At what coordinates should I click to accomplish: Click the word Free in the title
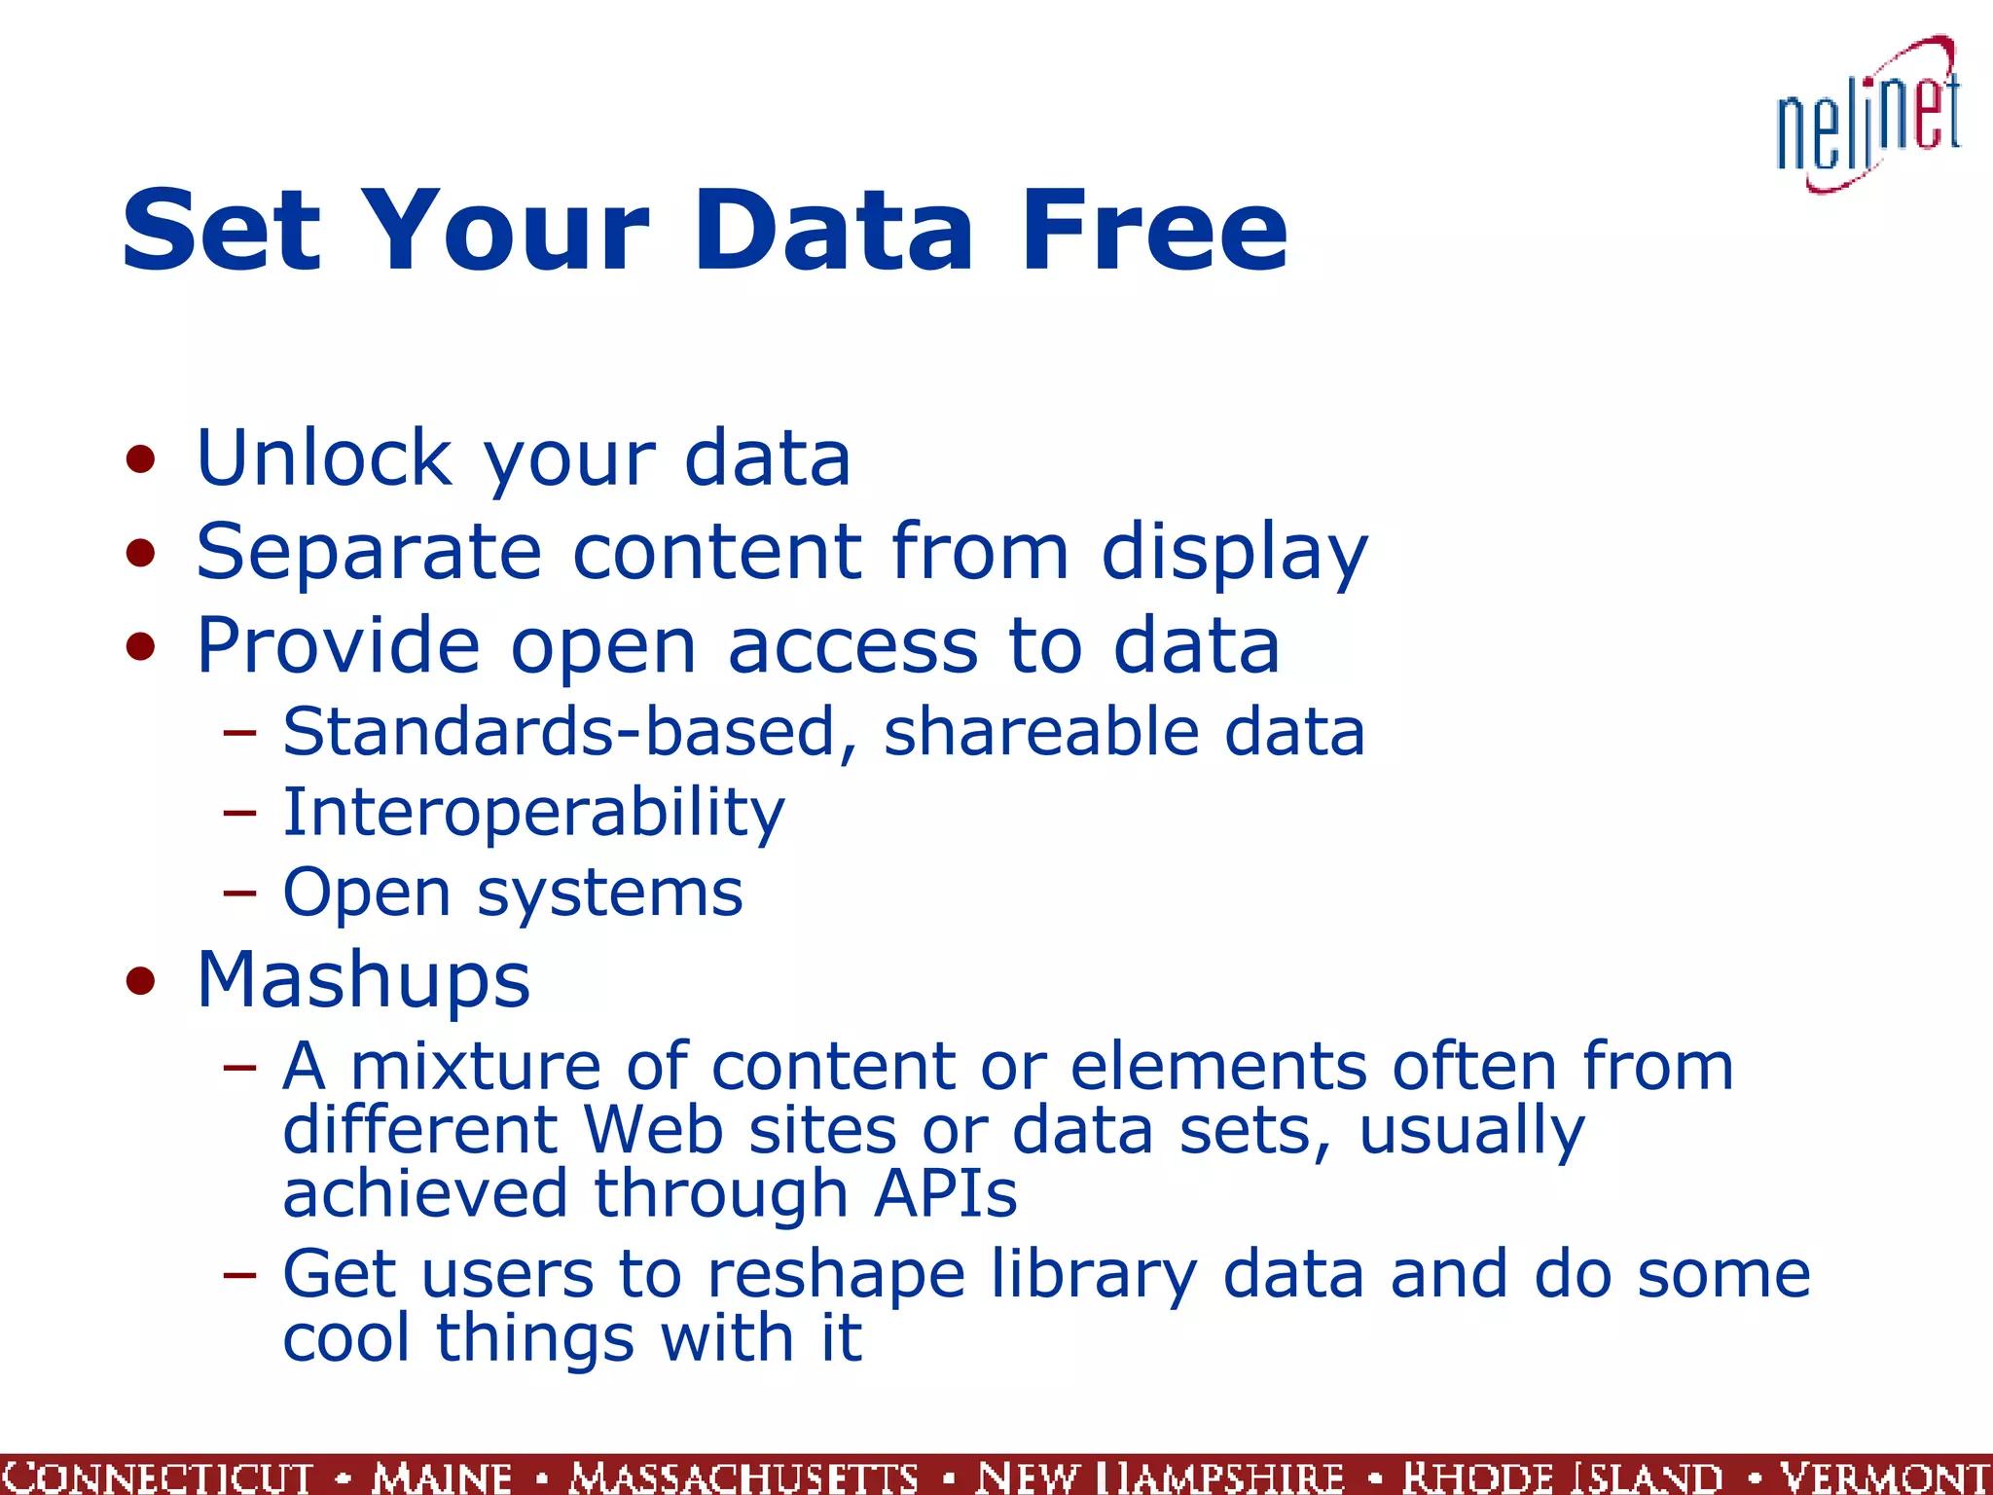[1154, 232]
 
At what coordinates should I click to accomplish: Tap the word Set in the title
[221, 232]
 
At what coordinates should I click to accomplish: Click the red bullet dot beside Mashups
[141, 981]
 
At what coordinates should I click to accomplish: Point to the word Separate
[369, 552]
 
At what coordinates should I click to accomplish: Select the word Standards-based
[560, 732]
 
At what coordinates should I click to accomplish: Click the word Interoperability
[533, 814]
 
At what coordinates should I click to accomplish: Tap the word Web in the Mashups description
[653, 1130]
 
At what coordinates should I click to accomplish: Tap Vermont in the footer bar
[1884, 1477]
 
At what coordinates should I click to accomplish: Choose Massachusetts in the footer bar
[743, 1477]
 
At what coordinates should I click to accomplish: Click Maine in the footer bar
[442, 1477]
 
